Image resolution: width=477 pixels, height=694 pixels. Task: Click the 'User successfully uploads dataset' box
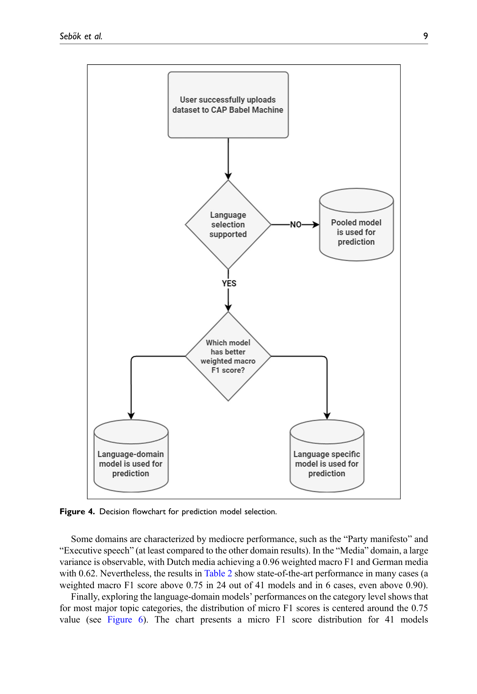(228, 105)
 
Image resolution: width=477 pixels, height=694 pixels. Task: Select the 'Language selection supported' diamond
(228, 225)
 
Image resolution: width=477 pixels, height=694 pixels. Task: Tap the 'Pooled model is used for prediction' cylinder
(356, 225)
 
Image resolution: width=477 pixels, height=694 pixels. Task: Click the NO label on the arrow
(296, 225)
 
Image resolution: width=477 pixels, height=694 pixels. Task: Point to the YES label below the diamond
(229, 283)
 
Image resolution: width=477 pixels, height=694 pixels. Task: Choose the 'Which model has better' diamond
(228, 356)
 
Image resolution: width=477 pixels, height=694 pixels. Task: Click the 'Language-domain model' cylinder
(131, 456)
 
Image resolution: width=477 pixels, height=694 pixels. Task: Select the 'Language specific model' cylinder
(327, 456)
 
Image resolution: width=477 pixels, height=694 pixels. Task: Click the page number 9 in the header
(425, 36)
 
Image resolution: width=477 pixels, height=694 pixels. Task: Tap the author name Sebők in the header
(70, 36)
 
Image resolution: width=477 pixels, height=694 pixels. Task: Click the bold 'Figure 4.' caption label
(77, 511)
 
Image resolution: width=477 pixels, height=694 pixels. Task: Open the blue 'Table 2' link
(218, 573)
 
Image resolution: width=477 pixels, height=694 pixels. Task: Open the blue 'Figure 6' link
(125, 619)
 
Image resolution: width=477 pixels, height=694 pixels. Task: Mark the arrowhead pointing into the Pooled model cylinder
(316, 225)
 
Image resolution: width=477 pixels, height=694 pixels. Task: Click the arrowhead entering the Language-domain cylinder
(131, 416)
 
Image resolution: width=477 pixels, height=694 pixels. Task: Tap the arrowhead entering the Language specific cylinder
(327, 416)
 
